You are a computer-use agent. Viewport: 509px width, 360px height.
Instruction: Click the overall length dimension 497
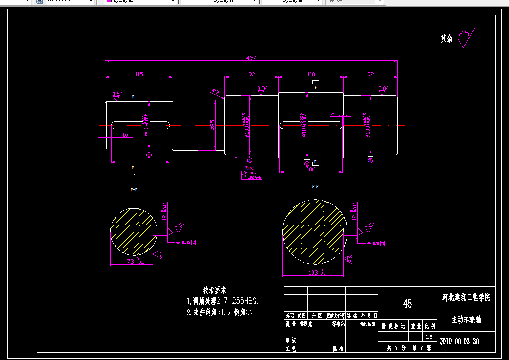pos(251,58)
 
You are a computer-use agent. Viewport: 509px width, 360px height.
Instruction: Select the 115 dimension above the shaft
pos(139,74)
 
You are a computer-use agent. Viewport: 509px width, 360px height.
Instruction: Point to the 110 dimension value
pos(311,74)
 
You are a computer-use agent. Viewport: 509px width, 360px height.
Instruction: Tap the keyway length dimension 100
pos(140,159)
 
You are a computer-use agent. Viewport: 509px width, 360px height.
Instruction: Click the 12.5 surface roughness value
pos(462,34)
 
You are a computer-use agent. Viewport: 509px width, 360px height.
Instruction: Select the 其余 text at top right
pos(446,39)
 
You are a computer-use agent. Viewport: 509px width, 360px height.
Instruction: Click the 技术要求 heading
pos(214,290)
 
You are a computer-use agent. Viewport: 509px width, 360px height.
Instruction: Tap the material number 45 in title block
pos(407,303)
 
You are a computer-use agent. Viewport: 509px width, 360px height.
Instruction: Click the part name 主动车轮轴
pos(466,320)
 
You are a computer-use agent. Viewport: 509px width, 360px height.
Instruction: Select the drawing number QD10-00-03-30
pos(459,341)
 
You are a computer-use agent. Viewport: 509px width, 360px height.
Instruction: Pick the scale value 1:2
pos(430,337)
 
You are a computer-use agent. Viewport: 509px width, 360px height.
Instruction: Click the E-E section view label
pos(133,189)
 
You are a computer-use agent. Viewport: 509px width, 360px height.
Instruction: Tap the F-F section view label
pos(315,186)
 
